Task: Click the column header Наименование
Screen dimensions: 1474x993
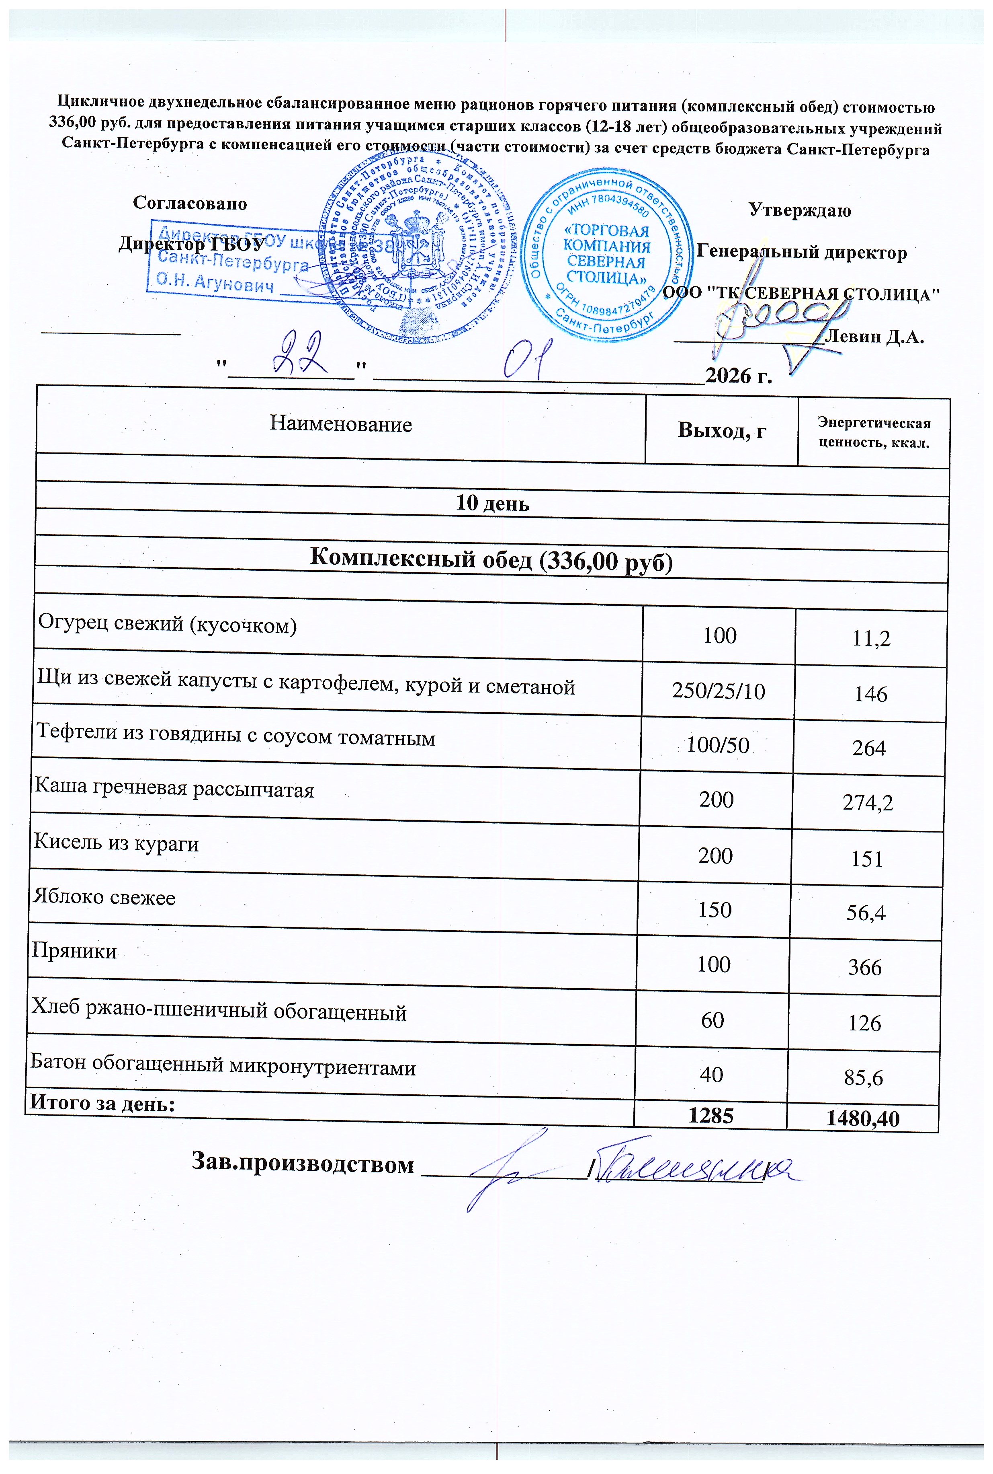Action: (x=341, y=424)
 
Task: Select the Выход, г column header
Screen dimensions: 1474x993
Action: (x=721, y=430)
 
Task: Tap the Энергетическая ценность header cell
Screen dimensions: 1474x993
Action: (x=874, y=432)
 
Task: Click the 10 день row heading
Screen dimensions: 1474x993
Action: (x=493, y=503)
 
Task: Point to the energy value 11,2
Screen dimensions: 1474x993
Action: (x=871, y=639)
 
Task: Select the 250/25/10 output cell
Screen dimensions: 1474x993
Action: (x=718, y=691)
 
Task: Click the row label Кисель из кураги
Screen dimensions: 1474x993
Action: (x=117, y=843)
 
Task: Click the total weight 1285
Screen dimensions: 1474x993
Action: (x=712, y=1116)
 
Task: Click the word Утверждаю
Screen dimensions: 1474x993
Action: (x=799, y=210)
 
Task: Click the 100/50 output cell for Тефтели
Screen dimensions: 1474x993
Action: (x=717, y=745)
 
